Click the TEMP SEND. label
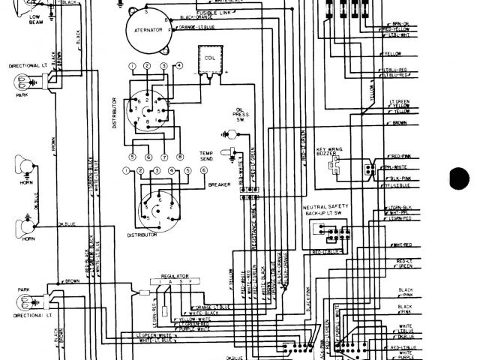pos(206,155)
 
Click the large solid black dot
pos(459,180)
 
